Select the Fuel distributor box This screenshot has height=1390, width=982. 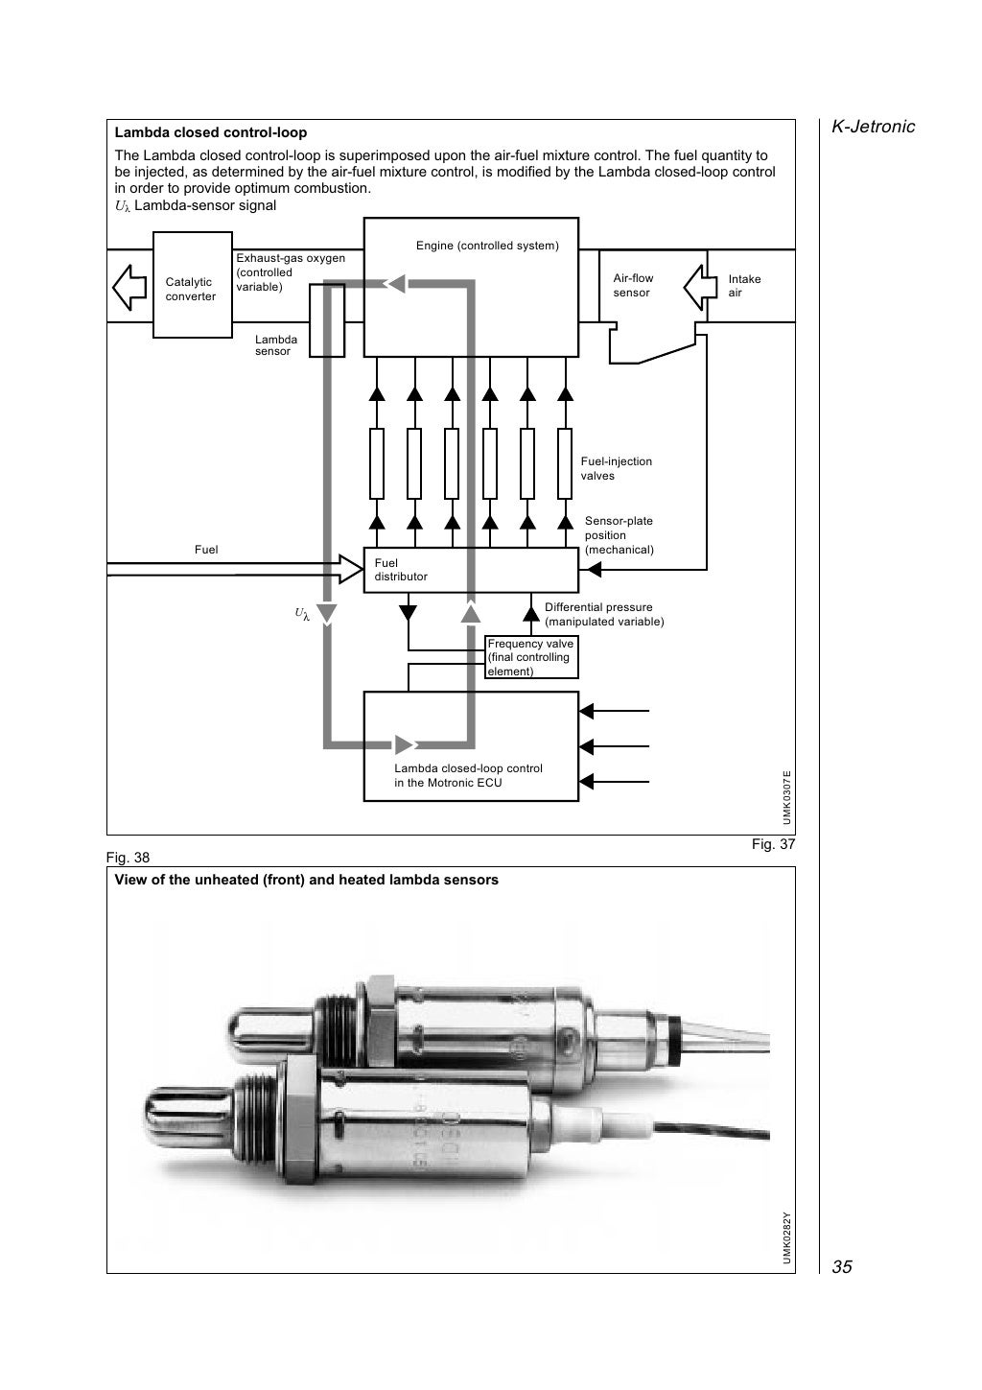coord(470,570)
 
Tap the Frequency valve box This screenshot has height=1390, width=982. coord(531,657)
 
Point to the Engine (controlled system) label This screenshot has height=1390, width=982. coord(486,246)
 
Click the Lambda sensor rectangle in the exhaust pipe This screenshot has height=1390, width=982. coord(326,319)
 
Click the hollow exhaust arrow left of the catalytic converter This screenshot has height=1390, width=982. coord(129,285)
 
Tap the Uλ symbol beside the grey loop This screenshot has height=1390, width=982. coord(302,613)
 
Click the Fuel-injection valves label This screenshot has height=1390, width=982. coord(616,468)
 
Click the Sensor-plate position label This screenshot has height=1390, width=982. coord(619,535)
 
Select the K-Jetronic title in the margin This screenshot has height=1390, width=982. coord(872,127)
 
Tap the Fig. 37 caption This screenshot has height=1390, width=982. coord(773,844)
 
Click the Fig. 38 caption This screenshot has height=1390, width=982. coord(128,858)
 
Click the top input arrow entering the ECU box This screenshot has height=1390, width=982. coord(614,711)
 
